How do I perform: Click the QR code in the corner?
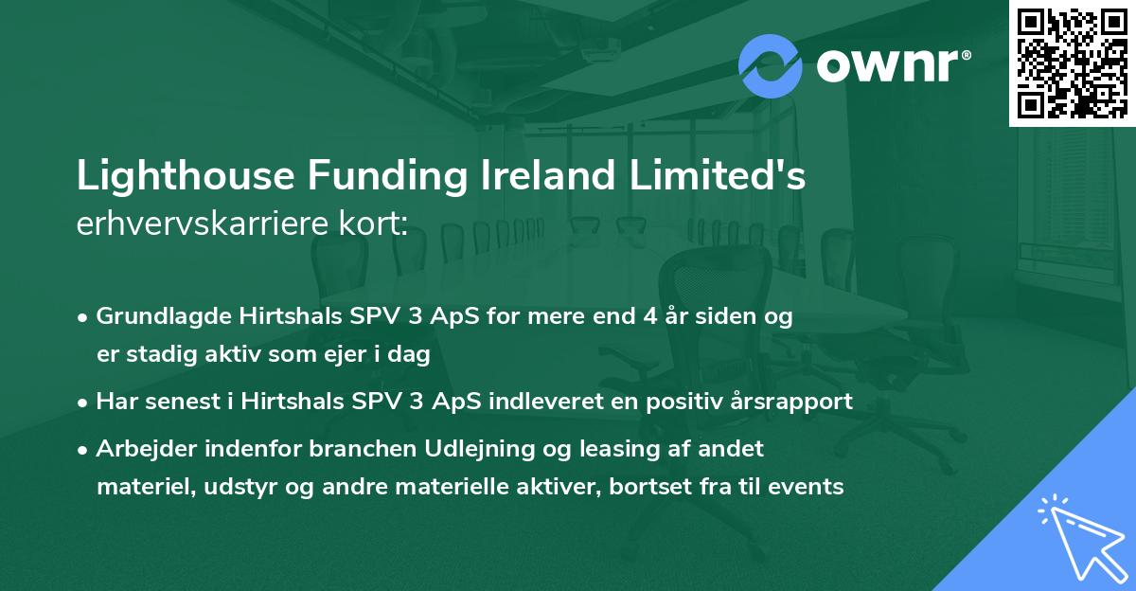pos(1073,63)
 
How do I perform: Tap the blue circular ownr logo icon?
pos(770,65)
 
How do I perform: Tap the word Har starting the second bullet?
pos(115,402)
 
